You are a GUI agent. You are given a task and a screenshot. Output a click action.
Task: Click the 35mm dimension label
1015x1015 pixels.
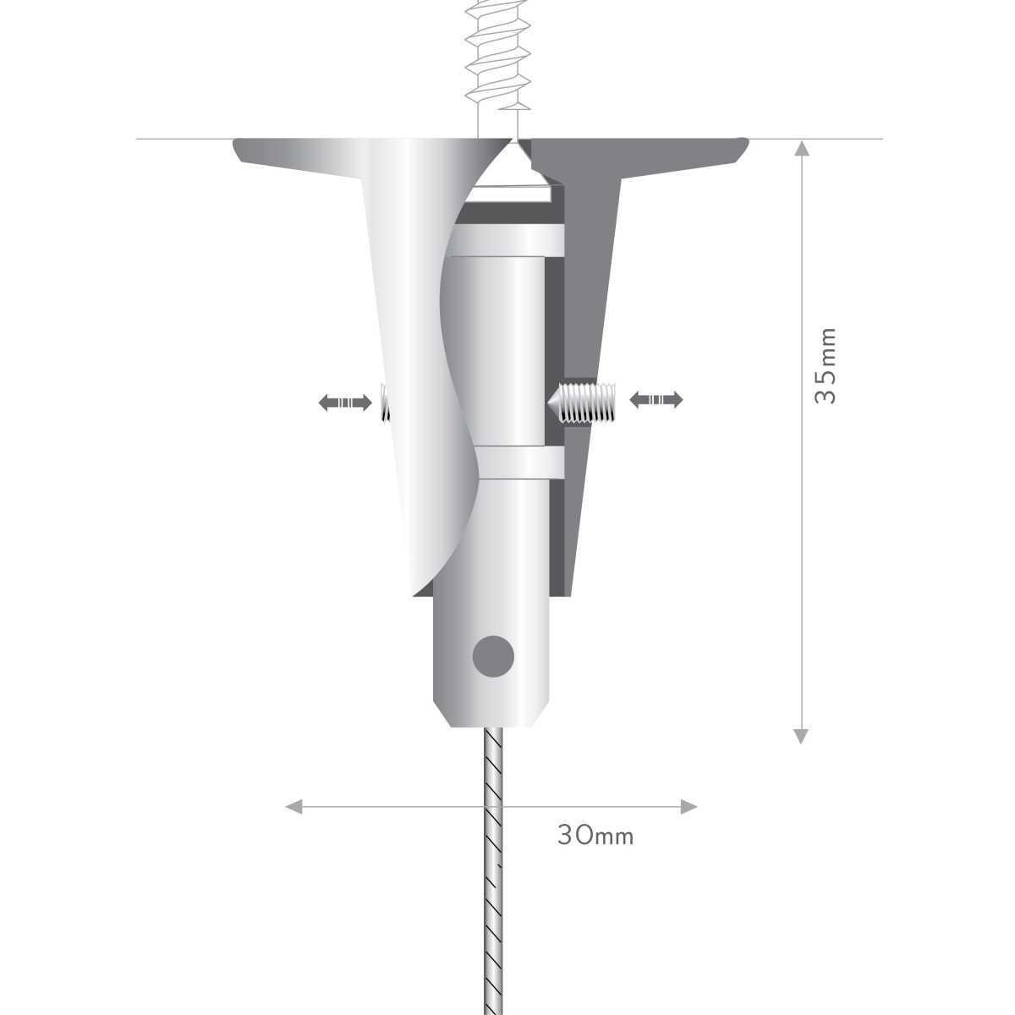click(825, 366)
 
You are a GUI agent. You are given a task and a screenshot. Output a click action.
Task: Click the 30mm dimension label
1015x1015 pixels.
click(595, 836)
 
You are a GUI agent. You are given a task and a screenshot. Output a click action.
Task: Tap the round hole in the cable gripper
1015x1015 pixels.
click(493, 656)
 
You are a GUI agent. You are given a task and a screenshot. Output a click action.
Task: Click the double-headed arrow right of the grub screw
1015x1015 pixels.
click(656, 400)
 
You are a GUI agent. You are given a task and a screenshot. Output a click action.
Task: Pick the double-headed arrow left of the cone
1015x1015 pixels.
click(345, 403)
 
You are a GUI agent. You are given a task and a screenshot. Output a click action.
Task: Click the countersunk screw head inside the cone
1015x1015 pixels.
click(512, 170)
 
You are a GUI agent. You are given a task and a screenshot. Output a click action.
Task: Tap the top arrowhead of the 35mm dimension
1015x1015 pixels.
click(801, 148)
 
